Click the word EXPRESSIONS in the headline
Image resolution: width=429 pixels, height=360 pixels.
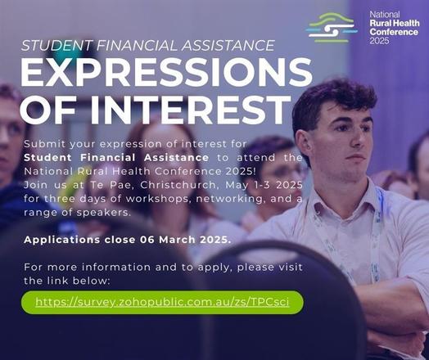pyautogui.click(x=166, y=72)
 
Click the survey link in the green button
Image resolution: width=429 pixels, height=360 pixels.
pyautogui.click(x=162, y=302)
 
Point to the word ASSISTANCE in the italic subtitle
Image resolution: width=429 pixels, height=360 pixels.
pyautogui.click(x=228, y=45)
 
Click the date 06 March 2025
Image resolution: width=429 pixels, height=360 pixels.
pyautogui.click(x=186, y=240)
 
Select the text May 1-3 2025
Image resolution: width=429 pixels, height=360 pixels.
pyautogui.click(x=264, y=185)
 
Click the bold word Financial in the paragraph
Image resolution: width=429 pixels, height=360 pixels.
pyautogui.click(x=108, y=158)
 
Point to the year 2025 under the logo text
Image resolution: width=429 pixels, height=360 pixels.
pyautogui.click(x=379, y=41)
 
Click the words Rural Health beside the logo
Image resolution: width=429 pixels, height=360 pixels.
pyautogui.click(x=395, y=23)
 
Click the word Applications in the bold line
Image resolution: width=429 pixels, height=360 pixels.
pyautogui.click(x=62, y=240)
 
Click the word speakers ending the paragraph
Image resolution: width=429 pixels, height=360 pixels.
pyautogui.click(x=104, y=213)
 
